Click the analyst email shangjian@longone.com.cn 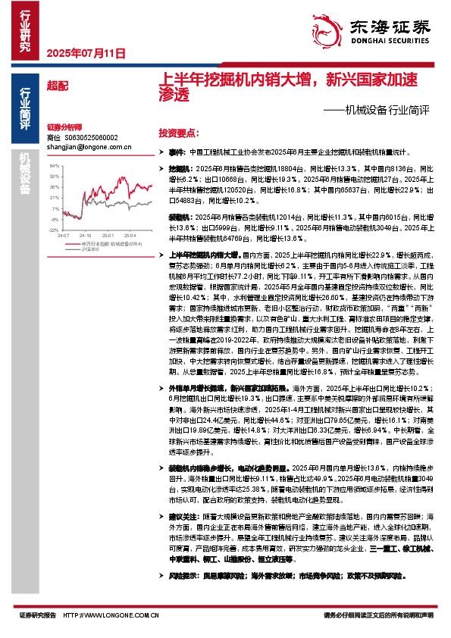[x=78, y=147]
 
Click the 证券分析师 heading [x=64, y=127]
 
